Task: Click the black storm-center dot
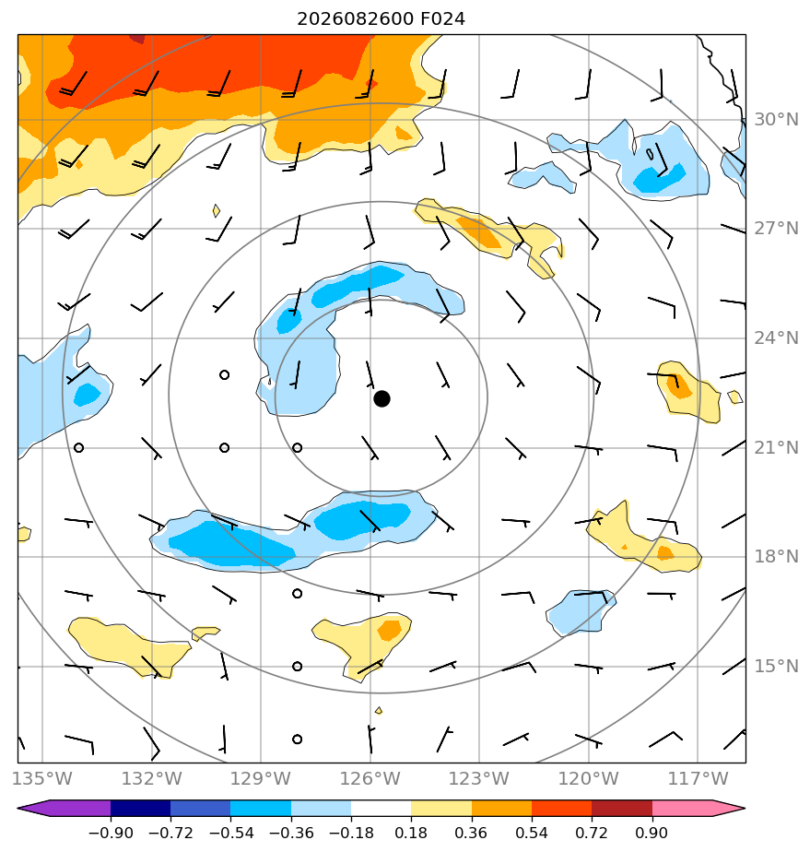[382, 398]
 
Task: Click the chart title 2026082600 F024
[381, 19]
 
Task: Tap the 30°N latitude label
[776, 120]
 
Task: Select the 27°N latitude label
[776, 229]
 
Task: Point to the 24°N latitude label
[776, 338]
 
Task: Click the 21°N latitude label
[776, 448]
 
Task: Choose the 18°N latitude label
[776, 557]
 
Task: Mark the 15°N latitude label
[776, 666]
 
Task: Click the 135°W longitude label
[41, 778]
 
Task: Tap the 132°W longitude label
[151, 778]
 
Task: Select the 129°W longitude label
[261, 778]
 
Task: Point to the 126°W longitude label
[370, 778]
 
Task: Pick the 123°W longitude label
[479, 778]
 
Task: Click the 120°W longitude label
[589, 778]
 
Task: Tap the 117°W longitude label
[698, 778]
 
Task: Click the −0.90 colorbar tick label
[111, 833]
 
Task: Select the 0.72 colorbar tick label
[592, 833]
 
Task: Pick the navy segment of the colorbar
[141, 808]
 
